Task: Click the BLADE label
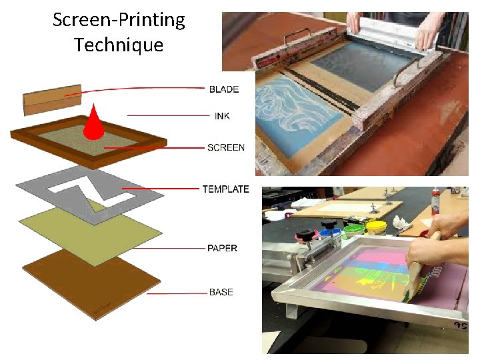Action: (x=223, y=89)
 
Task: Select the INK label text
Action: (x=222, y=117)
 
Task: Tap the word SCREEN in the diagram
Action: (x=226, y=147)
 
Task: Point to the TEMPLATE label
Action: (x=225, y=189)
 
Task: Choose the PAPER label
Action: (x=222, y=248)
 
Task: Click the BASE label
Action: (x=221, y=292)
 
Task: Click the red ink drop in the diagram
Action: (x=93, y=124)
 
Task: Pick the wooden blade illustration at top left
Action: (x=52, y=100)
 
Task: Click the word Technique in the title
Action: (x=119, y=45)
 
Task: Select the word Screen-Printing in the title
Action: (x=119, y=20)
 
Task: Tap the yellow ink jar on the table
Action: (x=376, y=229)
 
